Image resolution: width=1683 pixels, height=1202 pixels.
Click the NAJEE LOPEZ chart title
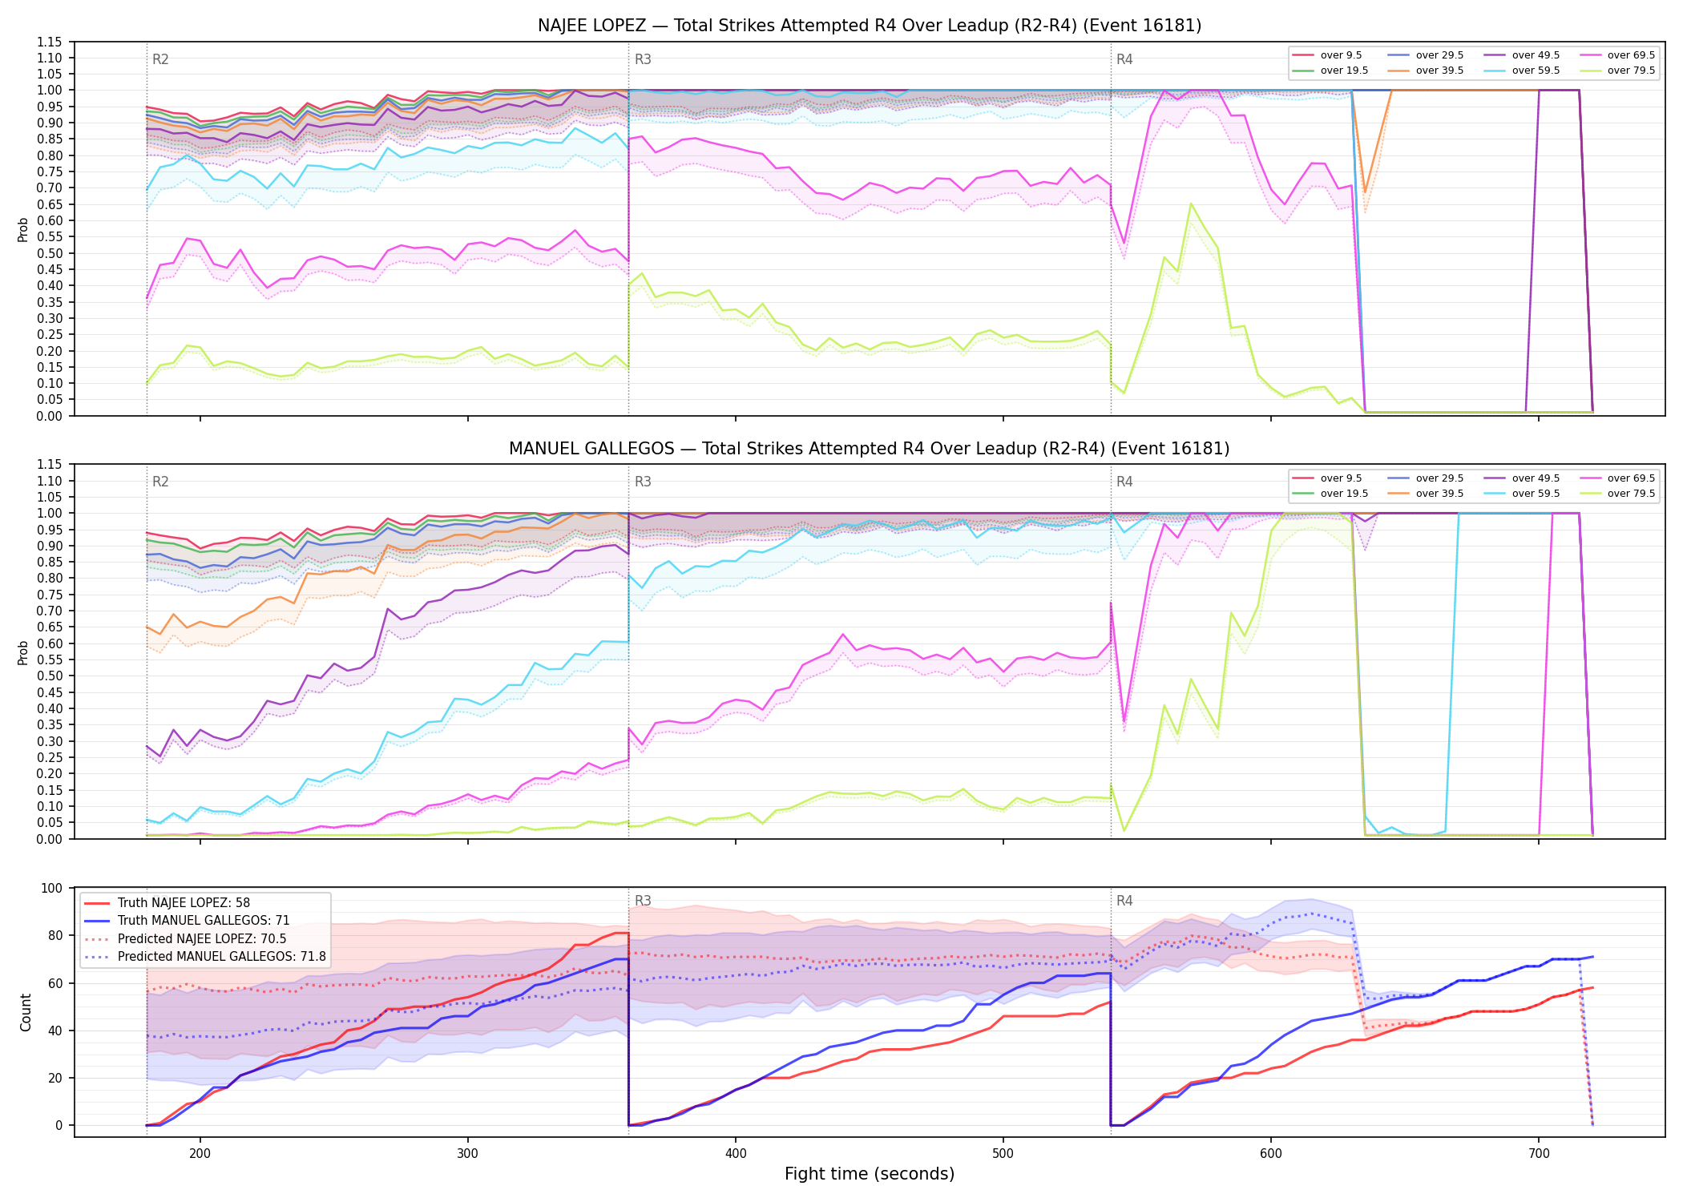pyautogui.click(x=870, y=26)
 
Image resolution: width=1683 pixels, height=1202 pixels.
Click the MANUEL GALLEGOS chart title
pyautogui.click(x=870, y=449)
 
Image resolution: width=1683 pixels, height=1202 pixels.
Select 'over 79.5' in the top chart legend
pyautogui.click(x=1632, y=71)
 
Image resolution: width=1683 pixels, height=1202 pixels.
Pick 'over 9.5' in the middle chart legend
pyautogui.click(x=1341, y=478)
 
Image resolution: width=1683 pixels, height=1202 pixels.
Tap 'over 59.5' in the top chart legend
pyautogui.click(x=1536, y=71)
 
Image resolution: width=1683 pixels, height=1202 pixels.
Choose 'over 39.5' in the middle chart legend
pyautogui.click(x=1439, y=494)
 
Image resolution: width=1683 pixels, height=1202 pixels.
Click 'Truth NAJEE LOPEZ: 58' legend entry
pyautogui.click(x=184, y=903)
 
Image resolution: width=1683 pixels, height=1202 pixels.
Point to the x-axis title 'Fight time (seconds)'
pyautogui.click(x=870, y=1174)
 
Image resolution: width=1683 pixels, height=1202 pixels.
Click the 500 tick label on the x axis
pyautogui.click(x=1003, y=1153)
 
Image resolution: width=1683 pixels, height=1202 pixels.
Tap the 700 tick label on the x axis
pyautogui.click(x=1539, y=1153)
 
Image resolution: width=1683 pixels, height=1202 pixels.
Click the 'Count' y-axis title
pyautogui.click(x=26, y=1012)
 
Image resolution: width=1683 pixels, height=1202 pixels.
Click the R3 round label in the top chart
pyautogui.click(x=643, y=59)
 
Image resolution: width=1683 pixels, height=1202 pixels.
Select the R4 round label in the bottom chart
pyautogui.click(x=1124, y=901)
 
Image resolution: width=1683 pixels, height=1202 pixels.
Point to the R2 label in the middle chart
pyautogui.click(x=160, y=482)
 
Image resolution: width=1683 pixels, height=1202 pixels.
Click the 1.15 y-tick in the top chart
pyautogui.click(x=50, y=42)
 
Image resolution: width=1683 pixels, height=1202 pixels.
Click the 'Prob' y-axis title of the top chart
pyautogui.click(x=23, y=229)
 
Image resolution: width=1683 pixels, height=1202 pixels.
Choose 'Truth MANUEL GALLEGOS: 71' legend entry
pyautogui.click(x=204, y=921)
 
